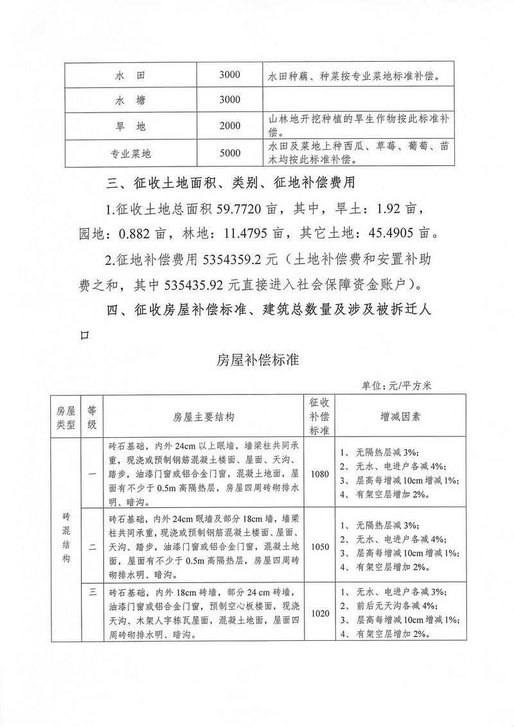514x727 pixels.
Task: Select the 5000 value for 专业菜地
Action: tap(229, 153)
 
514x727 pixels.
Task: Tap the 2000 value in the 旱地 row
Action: tap(229, 125)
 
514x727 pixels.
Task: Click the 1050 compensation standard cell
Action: tap(319, 547)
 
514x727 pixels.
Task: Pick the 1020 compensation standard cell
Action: tap(319, 613)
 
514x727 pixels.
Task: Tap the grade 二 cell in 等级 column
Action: tap(92, 547)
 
